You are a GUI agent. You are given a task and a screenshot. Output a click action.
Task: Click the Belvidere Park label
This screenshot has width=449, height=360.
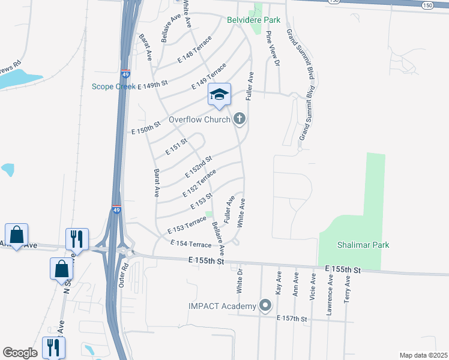tap(253, 19)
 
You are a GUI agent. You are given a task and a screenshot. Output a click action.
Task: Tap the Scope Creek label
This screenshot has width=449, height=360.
tap(113, 86)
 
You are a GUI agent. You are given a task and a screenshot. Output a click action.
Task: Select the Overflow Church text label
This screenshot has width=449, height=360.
tap(199, 119)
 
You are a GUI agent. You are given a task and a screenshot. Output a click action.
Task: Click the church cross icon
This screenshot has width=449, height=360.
tap(240, 119)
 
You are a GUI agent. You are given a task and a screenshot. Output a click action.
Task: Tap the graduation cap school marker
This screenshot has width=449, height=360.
tap(219, 94)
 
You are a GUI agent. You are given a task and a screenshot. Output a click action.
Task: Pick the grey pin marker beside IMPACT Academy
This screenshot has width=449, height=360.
tap(264, 306)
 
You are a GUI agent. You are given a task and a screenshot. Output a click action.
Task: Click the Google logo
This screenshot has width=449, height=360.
tap(19, 353)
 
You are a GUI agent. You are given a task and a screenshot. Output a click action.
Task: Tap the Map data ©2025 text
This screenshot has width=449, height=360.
tap(423, 355)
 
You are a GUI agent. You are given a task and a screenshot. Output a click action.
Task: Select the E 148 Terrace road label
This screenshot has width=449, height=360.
tap(195, 55)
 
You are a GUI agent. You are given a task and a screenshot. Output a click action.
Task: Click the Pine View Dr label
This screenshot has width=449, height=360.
tap(273, 49)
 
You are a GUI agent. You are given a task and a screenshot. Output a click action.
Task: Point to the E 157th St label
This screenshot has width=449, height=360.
tap(292, 319)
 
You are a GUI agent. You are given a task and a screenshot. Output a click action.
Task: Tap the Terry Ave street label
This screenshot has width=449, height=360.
tap(347, 290)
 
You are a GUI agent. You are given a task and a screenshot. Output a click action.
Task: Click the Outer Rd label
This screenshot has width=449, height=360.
tap(124, 274)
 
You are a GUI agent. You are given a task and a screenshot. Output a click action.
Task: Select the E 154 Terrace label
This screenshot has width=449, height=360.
tap(191, 244)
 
